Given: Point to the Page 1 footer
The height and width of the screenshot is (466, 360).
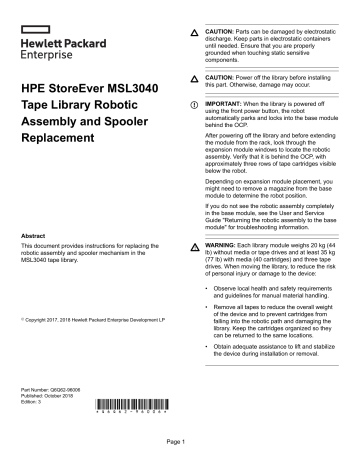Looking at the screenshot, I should pos(180,441).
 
